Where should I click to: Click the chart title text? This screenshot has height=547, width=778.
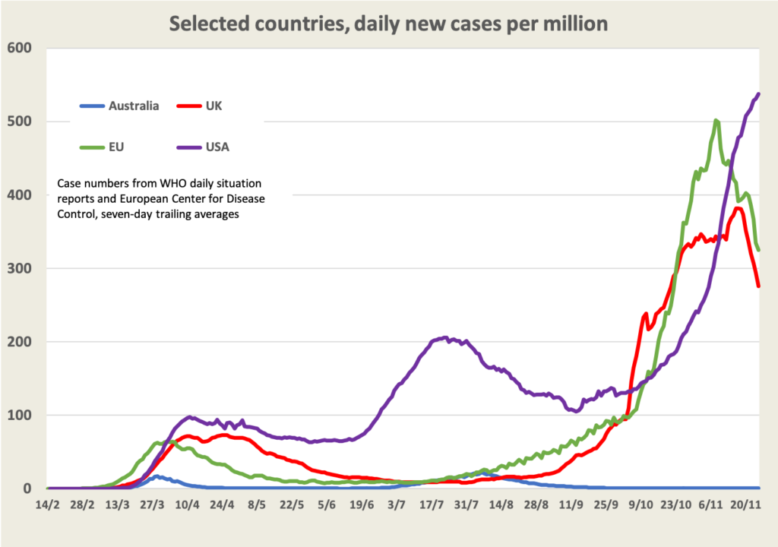(x=388, y=24)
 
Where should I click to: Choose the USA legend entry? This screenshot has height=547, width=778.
(x=217, y=147)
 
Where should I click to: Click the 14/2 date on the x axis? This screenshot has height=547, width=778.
(x=47, y=505)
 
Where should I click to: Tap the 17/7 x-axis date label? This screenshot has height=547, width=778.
(x=432, y=505)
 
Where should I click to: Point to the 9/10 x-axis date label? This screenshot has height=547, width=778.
(x=640, y=505)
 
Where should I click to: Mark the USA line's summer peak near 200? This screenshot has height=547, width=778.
(x=445, y=338)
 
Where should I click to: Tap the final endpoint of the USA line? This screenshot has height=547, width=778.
(x=759, y=94)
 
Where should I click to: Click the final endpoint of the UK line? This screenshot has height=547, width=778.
(x=759, y=286)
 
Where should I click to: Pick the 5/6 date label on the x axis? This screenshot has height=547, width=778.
(x=328, y=505)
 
